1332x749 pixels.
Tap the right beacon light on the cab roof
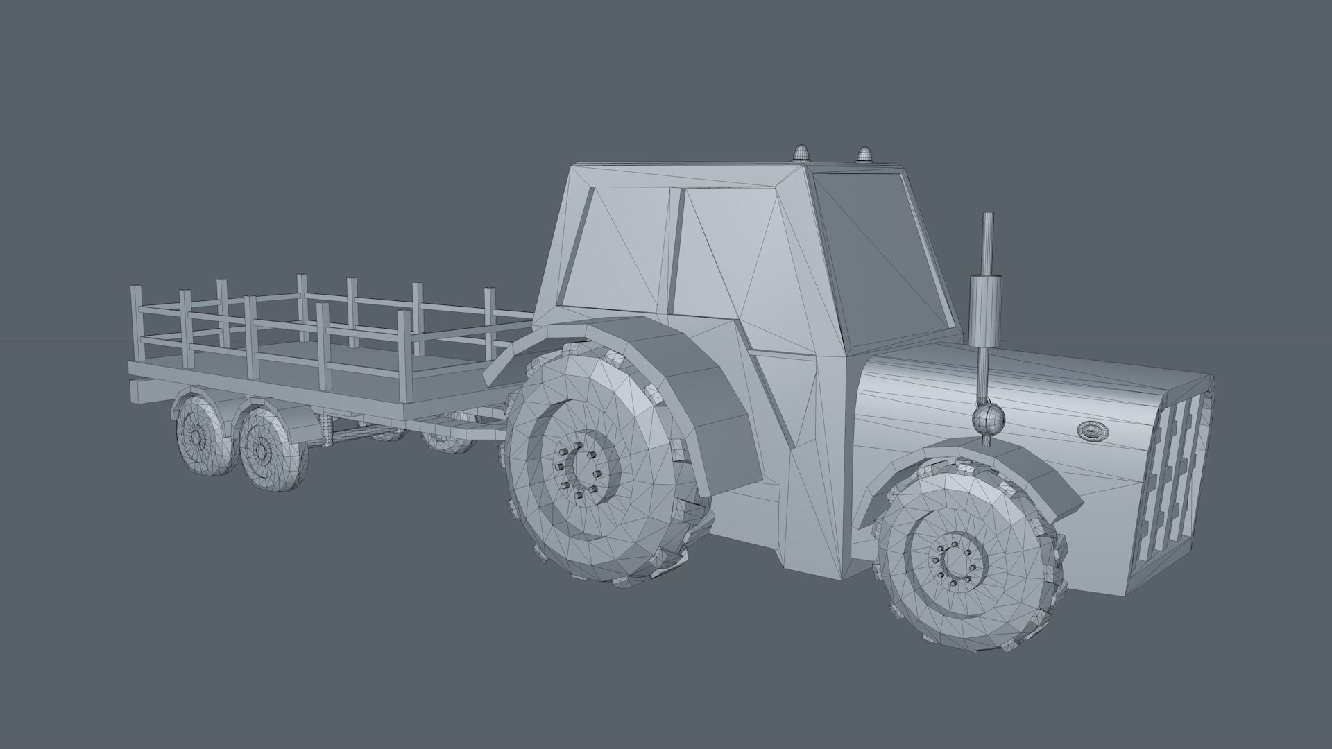[864, 154]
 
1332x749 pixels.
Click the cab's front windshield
[881, 250]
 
